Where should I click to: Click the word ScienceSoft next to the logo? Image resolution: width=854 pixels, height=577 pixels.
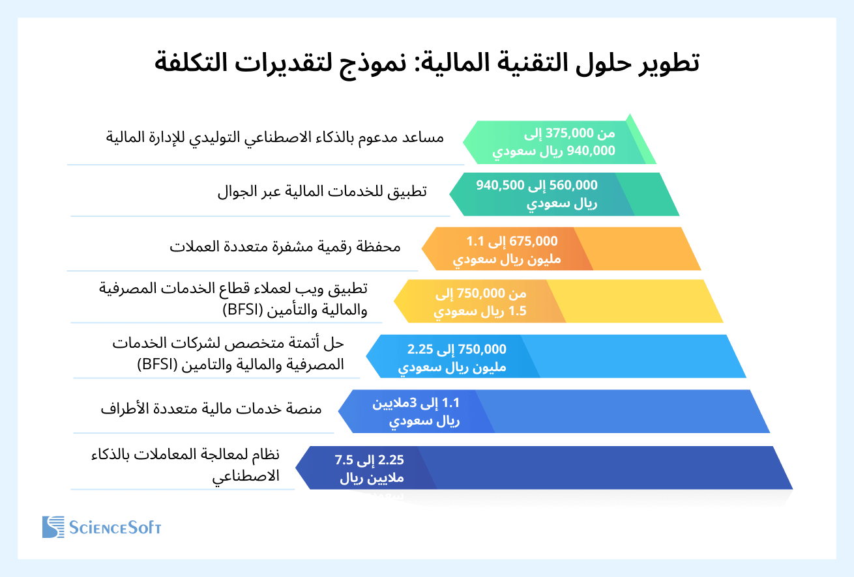(x=115, y=528)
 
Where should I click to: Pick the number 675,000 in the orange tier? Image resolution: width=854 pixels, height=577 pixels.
(x=535, y=240)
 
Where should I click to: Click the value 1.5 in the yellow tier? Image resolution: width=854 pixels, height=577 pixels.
(x=518, y=311)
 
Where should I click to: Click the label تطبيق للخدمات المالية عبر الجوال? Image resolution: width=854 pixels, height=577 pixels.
(x=322, y=192)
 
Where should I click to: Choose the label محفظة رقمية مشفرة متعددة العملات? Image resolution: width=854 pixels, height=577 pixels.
(x=285, y=247)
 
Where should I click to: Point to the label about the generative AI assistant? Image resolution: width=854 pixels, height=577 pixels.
(x=274, y=137)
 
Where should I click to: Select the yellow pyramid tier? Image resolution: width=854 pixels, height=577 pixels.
(x=639, y=301)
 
